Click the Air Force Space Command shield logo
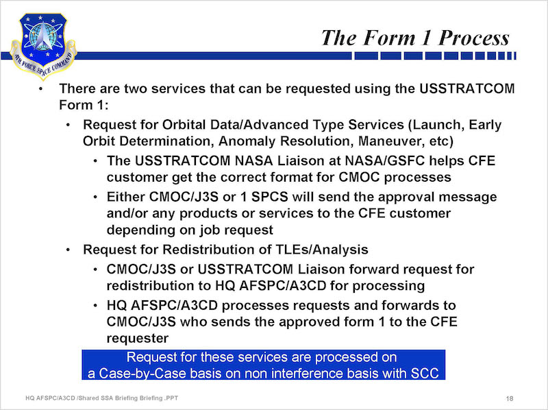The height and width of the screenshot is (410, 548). pos(43,45)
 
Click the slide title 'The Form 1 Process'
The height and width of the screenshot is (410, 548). pos(415,38)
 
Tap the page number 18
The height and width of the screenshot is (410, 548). pos(509,398)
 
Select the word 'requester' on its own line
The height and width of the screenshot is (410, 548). pos(138,338)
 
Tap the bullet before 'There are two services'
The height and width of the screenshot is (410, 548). pos(41,88)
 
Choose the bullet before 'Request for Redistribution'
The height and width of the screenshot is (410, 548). pos(68,250)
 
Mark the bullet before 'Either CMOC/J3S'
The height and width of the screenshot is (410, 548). pos(95,197)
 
